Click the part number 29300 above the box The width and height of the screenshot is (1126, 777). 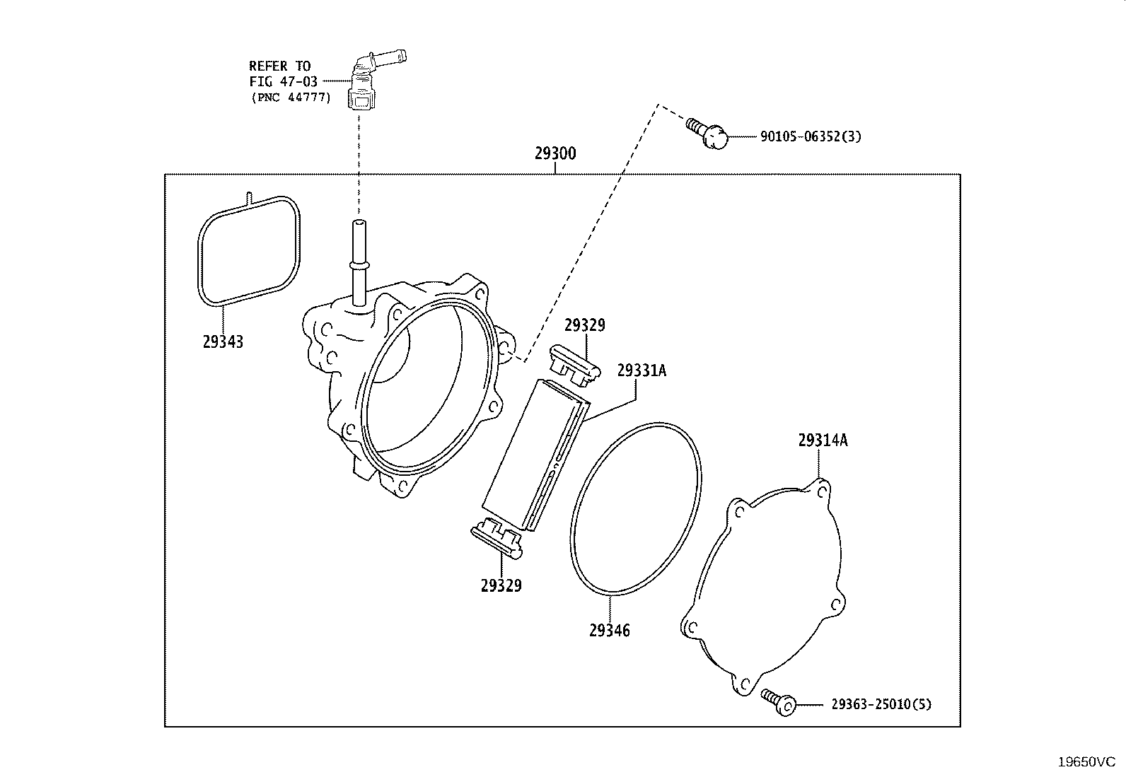(x=555, y=153)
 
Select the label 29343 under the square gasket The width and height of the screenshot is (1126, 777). (x=223, y=341)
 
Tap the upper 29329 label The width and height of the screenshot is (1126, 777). (x=585, y=325)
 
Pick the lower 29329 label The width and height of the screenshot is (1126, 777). (x=501, y=585)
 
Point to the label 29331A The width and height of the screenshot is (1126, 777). (x=642, y=370)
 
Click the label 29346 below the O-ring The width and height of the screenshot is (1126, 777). (x=609, y=630)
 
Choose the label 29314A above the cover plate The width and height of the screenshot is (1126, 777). (x=823, y=440)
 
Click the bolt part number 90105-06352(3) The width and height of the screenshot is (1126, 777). (x=811, y=136)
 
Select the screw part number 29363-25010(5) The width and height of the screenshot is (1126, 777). (x=881, y=704)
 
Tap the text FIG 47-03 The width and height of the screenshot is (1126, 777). (x=284, y=81)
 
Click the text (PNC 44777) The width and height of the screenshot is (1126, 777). (x=291, y=97)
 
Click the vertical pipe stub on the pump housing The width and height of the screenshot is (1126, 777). (x=359, y=263)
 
